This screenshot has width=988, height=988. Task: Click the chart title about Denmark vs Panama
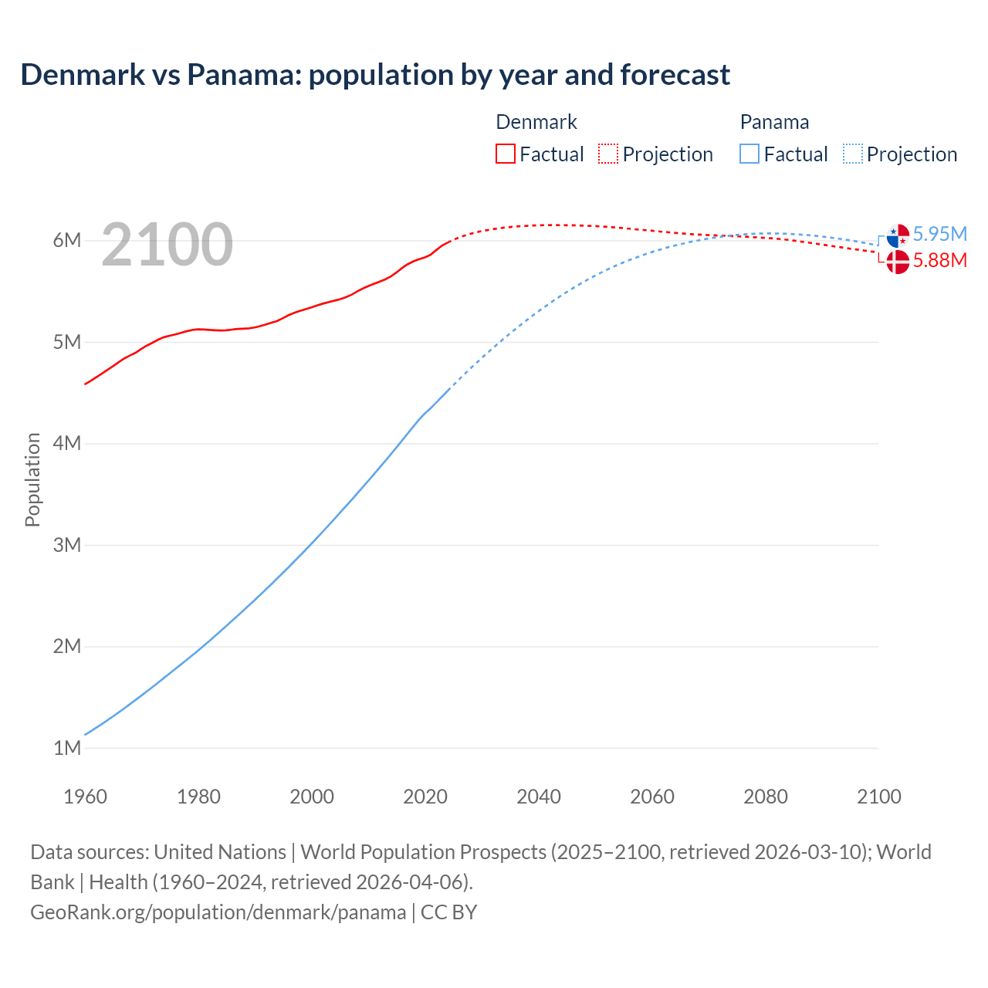click(x=375, y=75)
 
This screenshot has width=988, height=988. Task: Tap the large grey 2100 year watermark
click(x=167, y=245)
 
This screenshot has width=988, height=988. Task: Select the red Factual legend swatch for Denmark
click(x=505, y=154)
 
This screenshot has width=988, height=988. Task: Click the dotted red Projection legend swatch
click(x=608, y=154)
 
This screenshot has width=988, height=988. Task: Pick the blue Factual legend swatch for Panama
click(x=749, y=154)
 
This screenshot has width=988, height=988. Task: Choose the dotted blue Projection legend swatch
click(x=852, y=154)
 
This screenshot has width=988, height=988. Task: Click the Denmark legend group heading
click(x=536, y=122)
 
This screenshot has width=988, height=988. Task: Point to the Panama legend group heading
click(x=774, y=122)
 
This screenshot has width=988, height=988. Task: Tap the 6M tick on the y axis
click(x=67, y=240)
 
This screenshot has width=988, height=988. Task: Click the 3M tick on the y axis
click(x=67, y=545)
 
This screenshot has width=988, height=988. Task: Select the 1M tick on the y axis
click(x=67, y=748)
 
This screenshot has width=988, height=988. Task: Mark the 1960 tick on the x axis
click(x=85, y=797)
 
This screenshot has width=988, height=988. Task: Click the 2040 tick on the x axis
click(x=539, y=797)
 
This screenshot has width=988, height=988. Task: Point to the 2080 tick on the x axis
click(x=766, y=797)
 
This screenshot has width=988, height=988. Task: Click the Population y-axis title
click(x=32, y=479)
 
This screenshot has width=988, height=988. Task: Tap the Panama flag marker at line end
click(x=898, y=235)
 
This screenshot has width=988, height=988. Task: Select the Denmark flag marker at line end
click(x=898, y=262)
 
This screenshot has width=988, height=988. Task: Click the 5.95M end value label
click(x=939, y=234)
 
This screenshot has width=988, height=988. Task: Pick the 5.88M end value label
click(x=939, y=260)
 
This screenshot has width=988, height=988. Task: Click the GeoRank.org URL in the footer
click(x=218, y=912)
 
